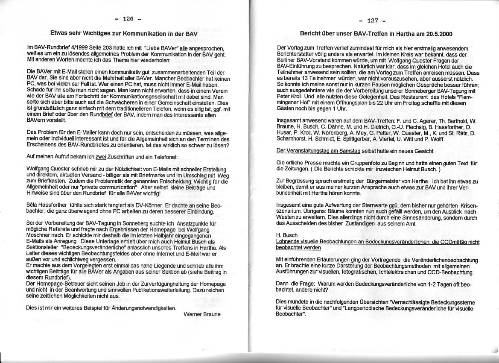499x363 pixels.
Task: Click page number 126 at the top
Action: [128, 19]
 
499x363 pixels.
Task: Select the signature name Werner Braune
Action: [202, 314]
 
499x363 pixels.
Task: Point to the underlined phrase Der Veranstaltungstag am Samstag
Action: [318, 151]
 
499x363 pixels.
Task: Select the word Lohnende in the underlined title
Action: [289, 242]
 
